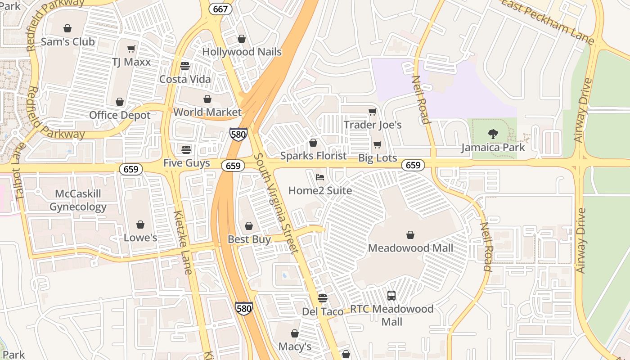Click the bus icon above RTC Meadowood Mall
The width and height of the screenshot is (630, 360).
(391, 296)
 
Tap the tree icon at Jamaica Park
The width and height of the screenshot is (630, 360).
(493, 134)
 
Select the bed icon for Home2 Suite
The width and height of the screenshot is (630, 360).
(320, 177)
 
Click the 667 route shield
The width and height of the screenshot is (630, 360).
(221, 9)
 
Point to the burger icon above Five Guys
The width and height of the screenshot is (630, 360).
(186, 149)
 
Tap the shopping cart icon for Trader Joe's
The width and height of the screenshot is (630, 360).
(372, 112)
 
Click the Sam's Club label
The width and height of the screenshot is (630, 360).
(67, 42)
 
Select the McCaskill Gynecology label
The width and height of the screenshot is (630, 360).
(78, 200)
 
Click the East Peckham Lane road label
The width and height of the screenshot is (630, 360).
(548, 21)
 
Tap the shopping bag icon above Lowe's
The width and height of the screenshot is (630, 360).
(140, 224)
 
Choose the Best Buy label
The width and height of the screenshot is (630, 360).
(249, 239)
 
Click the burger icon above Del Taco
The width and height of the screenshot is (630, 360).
(322, 298)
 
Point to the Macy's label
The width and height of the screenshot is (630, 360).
(295, 346)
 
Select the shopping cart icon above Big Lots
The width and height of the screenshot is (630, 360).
(378, 144)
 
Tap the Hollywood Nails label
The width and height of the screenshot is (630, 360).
(242, 52)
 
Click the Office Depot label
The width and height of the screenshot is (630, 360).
(120, 115)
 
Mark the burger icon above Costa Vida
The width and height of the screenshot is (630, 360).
(184, 66)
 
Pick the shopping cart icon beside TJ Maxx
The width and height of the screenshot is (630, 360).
(131, 49)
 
